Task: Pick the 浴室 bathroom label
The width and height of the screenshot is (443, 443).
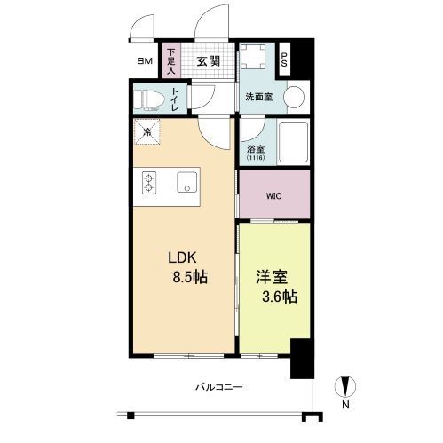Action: tap(254, 148)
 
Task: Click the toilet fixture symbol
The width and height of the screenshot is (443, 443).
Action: tap(149, 99)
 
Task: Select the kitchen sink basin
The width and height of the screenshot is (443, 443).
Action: tap(188, 184)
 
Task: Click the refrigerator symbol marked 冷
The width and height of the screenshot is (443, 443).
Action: tap(147, 133)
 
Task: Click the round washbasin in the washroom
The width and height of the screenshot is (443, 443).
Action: tap(297, 97)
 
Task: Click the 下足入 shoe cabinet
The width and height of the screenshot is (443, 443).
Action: tap(170, 61)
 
